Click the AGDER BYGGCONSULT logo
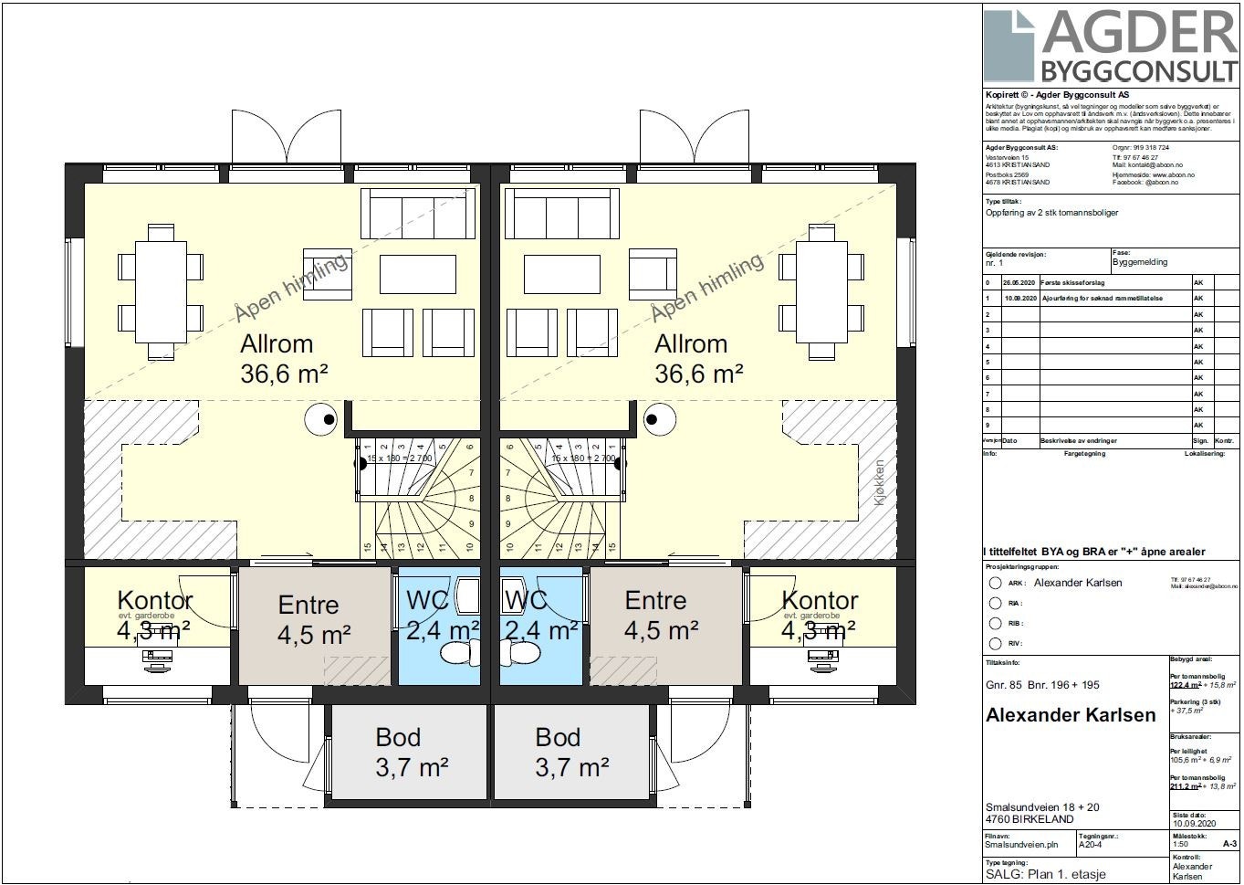[1111, 46]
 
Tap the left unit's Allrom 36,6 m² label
[283, 358]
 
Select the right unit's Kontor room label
[820, 600]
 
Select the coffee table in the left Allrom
[417, 272]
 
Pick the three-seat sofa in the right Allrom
[556, 214]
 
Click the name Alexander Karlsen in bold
[1070, 715]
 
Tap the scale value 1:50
[1180, 844]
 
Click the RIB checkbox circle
[996, 623]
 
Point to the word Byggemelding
[1140, 262]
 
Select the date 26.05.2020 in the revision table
[1019, 283]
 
